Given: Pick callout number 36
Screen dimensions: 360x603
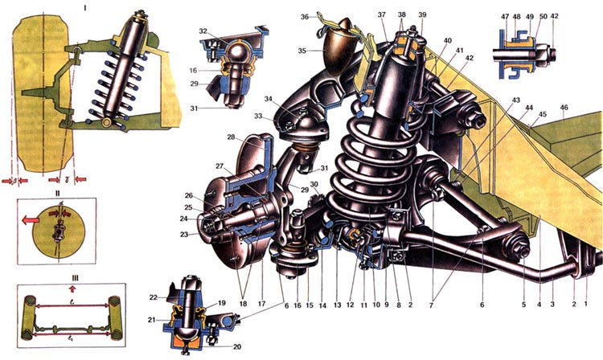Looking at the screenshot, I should point(303,16).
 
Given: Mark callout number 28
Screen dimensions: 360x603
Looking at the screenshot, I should point(230,137).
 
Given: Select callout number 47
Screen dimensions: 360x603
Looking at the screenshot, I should point(504,15).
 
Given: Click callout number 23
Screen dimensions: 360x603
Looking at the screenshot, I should point(185,235).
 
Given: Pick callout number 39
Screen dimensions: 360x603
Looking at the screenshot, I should point(422,16).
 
